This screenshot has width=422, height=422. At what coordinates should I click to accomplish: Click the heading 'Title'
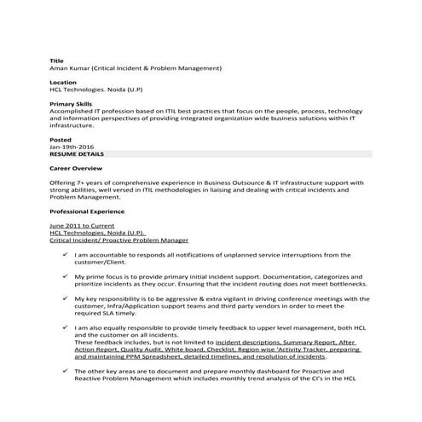click(56, 61)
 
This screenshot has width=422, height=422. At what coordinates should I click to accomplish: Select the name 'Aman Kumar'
click(74, 68)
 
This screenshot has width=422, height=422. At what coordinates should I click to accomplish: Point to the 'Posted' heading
click(61, 139)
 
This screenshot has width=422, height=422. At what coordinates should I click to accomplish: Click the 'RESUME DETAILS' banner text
click(77, 153)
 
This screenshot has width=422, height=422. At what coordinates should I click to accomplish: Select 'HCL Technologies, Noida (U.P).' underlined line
click(98, 233)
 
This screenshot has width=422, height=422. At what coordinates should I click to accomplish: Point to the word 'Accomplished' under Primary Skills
click(72, 111)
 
